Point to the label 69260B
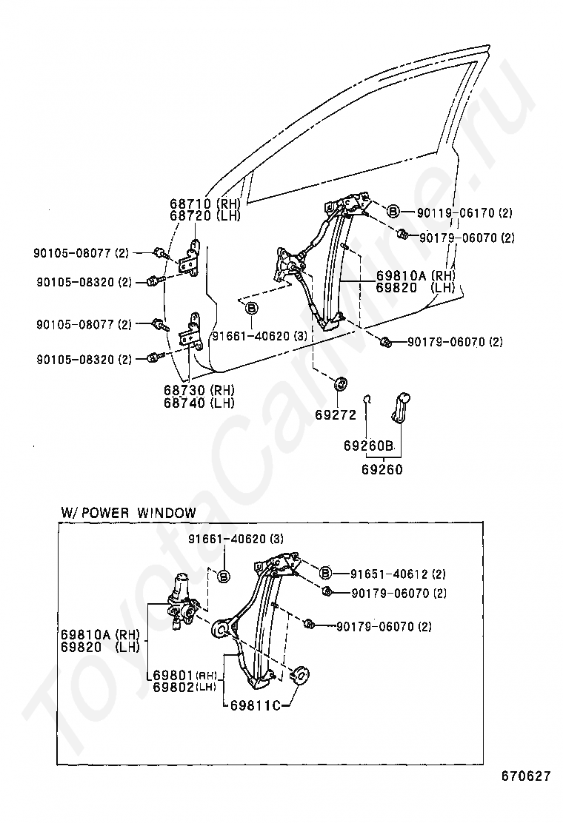[x=367, y=446]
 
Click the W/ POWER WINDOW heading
[x=128, y=512]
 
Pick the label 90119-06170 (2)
[x=465, y=213]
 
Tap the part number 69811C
[x=253, y=705]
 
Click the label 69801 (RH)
[x=185, y=675]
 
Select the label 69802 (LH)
[x=185, y=687]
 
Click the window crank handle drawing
[x=402, y=406]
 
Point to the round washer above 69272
[x=342, y=383]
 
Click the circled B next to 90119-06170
[x=393, y=212]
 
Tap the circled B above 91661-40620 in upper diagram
[x=252, y=308]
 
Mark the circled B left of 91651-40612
[x=326, y=573]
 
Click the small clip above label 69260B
[x=367, y=400]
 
